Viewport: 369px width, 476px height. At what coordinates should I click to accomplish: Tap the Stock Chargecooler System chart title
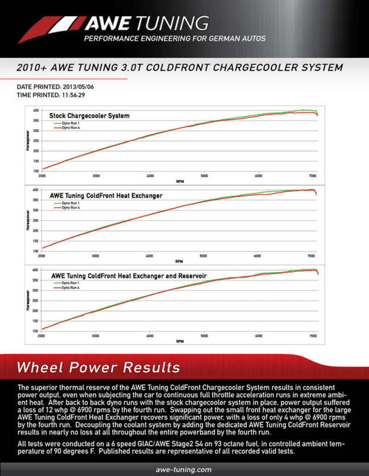tap(89, 115)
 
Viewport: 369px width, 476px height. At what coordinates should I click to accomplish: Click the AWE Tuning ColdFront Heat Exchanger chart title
tap(106, 196)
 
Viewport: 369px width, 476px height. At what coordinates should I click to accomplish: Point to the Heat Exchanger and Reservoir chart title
tap(129, 276)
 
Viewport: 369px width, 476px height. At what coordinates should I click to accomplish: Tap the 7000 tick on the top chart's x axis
tap(313, 176)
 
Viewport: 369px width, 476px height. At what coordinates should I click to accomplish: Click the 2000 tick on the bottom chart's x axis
tap(42, 336)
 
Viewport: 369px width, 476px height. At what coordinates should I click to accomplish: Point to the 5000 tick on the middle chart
tap(204, 256)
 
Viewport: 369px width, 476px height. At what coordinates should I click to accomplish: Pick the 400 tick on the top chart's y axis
tap(36, 111)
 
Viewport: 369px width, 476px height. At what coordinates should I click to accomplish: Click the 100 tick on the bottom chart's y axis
tap(36, 331)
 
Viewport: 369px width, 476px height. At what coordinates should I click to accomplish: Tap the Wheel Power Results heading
tap(98, 368)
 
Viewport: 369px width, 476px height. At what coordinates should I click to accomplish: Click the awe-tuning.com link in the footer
tap(184, 469)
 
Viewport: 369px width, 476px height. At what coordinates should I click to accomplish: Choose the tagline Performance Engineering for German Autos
tap(175, 39)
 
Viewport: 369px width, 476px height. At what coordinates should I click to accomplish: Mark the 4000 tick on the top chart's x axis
tap(150, 176)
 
